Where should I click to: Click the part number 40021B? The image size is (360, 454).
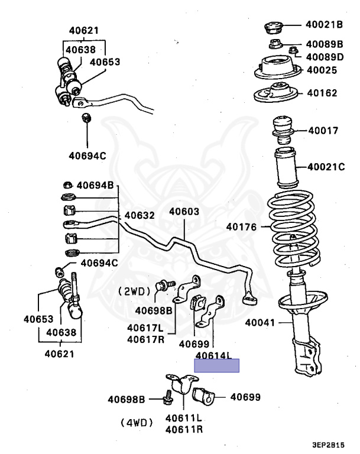tap(325, 25)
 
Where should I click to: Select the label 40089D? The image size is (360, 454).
tap(325, 57)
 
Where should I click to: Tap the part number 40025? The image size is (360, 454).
tap(322, 70)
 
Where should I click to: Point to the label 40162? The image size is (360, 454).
tap(322, 93)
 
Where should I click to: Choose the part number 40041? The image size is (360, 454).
tap(261, 323)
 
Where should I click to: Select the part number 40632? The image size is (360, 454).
tap(140, 216)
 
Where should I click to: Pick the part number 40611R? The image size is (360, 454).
tap(184, 429)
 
